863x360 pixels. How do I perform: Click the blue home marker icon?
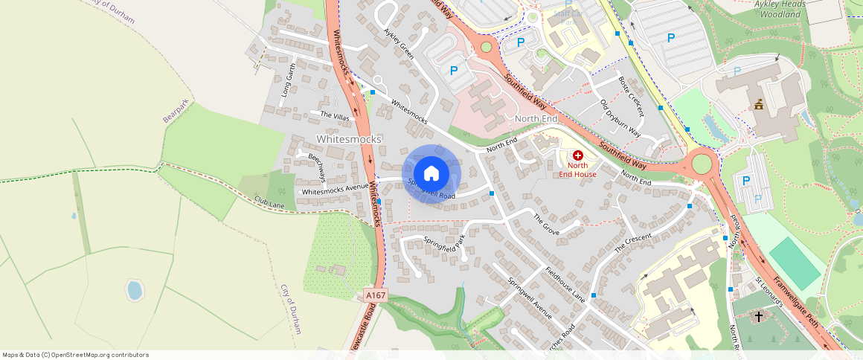click(x=431, y=174)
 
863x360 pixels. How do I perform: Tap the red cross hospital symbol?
click(x=577, y=155)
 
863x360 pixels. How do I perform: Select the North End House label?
click(x=577, y=170)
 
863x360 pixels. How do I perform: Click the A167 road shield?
click(x=376, y=295)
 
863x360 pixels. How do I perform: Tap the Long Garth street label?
click(x=288, y=80)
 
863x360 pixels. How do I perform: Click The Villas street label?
click(x=334, y=115)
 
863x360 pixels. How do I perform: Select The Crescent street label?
click(x=633, y=242)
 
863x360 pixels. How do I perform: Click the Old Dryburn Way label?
click(x=620, y=117)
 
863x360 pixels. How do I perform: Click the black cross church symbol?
click(x=759, y=317)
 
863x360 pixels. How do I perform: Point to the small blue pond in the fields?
click(x=134, y=289)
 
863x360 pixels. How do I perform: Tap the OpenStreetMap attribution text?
click(x=76, y=355)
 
